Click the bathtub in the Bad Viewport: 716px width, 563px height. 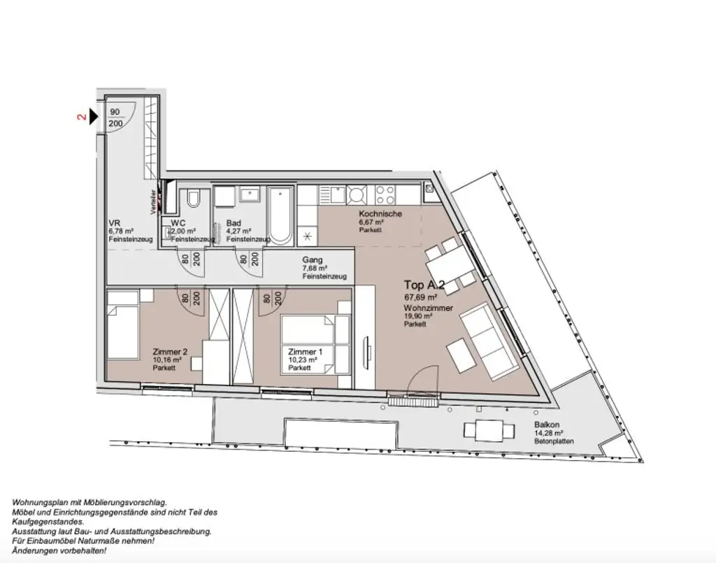280,215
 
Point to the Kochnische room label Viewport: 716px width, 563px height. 380,214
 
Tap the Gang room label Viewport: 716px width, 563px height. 312,260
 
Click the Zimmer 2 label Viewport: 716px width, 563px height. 170,352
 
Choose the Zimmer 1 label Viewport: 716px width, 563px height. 305,352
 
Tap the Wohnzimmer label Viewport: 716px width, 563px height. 428,308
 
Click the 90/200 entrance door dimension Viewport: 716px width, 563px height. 115,117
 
